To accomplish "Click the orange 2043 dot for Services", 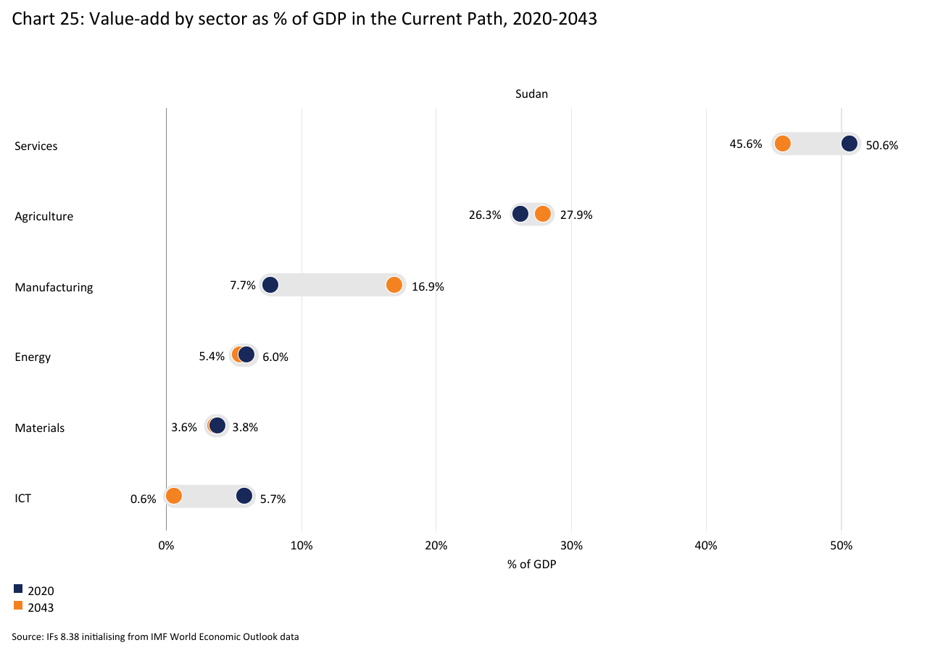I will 782,144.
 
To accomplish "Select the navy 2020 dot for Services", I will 849,144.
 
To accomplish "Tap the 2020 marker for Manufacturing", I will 270,285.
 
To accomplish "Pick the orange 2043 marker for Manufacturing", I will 394,285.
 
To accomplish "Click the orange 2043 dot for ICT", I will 174,496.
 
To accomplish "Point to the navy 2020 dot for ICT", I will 244,496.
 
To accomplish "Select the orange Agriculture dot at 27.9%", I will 542,214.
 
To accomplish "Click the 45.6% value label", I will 745,144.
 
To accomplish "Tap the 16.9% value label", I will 428,286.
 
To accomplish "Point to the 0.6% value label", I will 144,499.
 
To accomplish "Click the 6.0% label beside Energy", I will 275,357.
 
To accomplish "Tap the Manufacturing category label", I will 54,287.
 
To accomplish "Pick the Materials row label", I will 40,428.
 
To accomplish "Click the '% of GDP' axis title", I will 531,564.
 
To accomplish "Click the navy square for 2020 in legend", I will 18,589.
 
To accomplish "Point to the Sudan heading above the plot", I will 531,94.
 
